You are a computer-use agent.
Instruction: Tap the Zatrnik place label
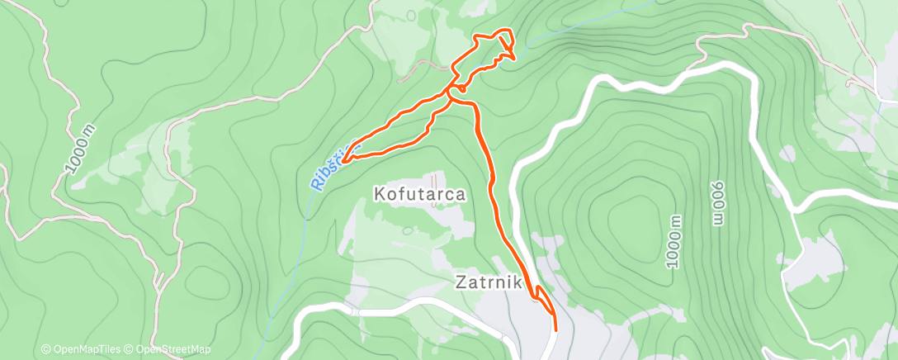488,282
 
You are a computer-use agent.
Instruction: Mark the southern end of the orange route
555,329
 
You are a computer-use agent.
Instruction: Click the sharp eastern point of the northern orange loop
516,58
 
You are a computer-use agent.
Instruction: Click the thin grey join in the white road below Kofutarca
354,313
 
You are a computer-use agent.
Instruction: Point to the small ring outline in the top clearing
411,14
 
